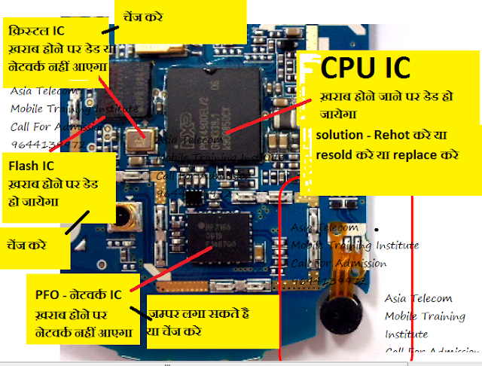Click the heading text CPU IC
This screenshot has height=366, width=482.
[365, 68]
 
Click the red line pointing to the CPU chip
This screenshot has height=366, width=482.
[260, 125]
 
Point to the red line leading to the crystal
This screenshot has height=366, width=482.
[120, 105]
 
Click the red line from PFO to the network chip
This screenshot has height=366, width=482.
[169, 267]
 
